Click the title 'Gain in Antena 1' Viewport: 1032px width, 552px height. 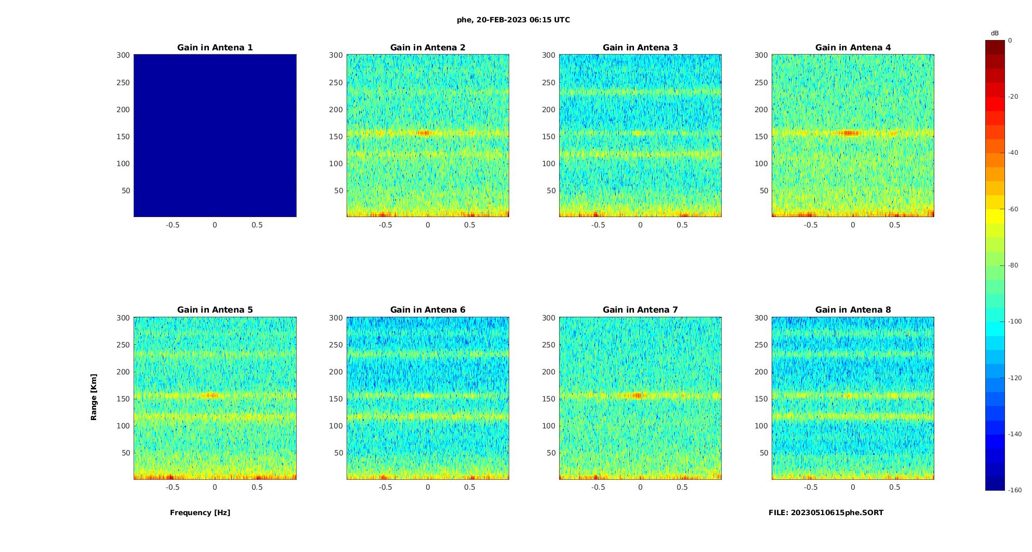point(215,48)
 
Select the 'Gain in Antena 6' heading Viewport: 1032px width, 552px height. point(428,310)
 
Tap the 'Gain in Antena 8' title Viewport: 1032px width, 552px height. point(853,310)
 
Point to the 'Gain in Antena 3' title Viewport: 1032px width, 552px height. point(640,48)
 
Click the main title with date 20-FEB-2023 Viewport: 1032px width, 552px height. point(513,20)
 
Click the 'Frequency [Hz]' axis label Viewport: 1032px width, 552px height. point(200,513)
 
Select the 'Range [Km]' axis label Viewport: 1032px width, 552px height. point(94,397)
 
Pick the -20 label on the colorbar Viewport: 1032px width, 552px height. point(1013,97)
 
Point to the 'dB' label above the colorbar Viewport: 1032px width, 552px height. point(995,33)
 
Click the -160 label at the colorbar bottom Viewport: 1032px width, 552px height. point(1014,490)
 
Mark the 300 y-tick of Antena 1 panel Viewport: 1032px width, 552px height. point(123,55)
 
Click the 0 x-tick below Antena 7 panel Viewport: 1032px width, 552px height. point(640,487)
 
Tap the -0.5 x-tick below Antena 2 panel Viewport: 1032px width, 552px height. point(385,225)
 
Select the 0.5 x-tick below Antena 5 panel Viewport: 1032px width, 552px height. point(257,487)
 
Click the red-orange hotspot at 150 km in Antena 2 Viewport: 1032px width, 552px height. point(425,133)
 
